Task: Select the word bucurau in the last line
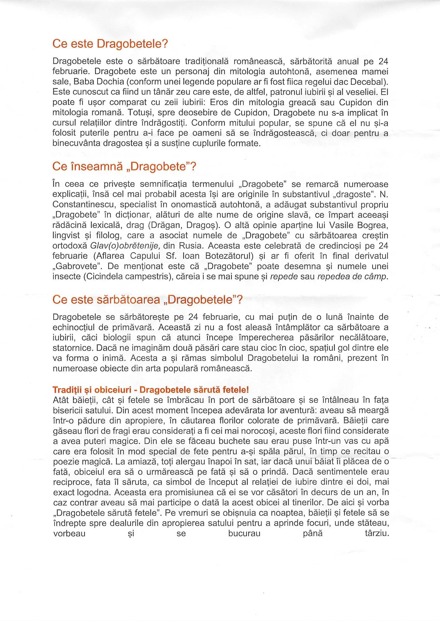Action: [x=244, y=533]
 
